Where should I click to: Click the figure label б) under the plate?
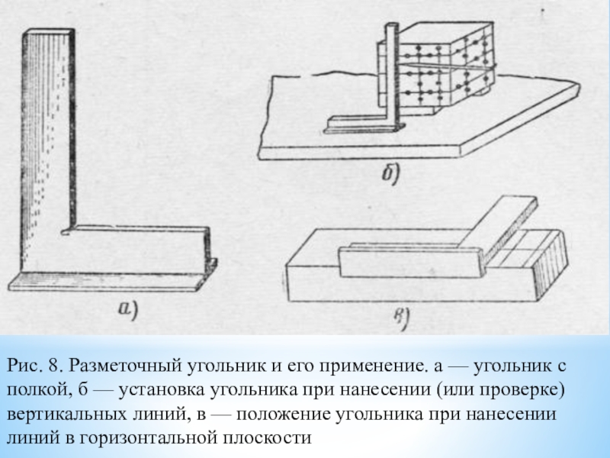pyautogui.click(x=394, y=174)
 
